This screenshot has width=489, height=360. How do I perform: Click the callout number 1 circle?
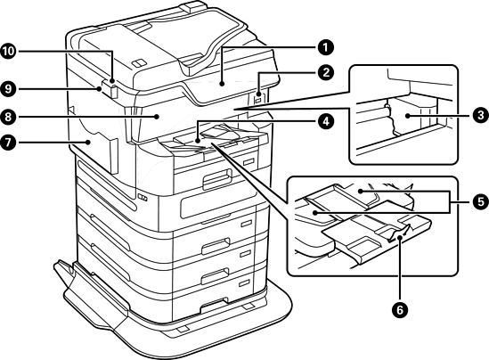point(325,48)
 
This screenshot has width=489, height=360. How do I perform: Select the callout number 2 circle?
point(325,73)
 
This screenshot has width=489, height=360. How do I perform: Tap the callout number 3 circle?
point(481,116)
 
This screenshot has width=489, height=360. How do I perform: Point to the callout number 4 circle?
point(325,121)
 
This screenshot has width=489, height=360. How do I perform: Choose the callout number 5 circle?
point(481,201)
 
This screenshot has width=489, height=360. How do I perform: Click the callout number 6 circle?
point(400,310)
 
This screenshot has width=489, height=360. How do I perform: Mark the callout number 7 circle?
point(8,143)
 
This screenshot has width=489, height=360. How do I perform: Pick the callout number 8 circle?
point(8,117)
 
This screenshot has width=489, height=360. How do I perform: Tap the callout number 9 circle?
point(8,89)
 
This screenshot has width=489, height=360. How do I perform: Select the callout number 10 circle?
point(8,51)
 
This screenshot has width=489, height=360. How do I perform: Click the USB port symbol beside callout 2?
point(258,100)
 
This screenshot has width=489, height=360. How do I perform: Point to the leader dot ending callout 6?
point(400,239)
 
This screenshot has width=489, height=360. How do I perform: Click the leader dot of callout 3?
point(407,116)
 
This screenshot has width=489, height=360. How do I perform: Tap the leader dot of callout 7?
point(88,143)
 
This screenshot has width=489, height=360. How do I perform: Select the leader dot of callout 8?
point(158,117)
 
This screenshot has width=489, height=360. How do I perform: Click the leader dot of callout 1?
point(222,83)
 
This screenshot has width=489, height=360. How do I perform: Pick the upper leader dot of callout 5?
point(360,191)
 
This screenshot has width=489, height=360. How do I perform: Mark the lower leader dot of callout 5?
point(315,213)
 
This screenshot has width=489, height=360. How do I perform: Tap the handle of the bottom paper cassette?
point(215,304)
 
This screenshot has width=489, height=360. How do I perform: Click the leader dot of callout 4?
point(198,141)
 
